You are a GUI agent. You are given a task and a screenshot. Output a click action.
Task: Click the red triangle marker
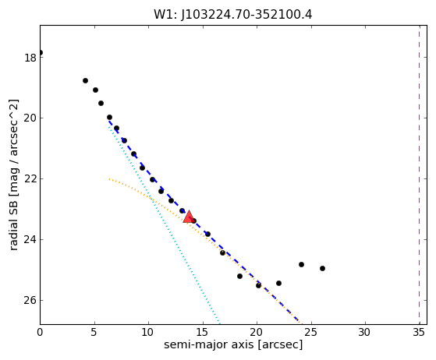pos(189,217)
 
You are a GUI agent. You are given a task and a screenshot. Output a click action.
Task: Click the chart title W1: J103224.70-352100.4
pos(233,15)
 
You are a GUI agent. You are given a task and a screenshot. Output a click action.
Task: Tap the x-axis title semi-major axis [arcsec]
pos(233,344)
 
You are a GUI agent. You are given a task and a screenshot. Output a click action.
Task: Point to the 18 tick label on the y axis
pos(30,58)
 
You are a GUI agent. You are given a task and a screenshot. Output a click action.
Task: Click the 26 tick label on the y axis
pos(30,300)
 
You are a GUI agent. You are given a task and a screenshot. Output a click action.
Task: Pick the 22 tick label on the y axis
pos(30,179)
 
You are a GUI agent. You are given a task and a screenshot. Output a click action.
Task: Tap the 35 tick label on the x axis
pos(420,332)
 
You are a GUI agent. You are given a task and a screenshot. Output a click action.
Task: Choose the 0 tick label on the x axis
pos(40,332)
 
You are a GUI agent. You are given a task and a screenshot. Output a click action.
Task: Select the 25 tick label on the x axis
pos(311,332)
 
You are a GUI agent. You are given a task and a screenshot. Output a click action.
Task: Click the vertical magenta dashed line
pos(420,175)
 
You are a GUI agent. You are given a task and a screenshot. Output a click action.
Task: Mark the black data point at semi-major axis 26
pos(322,268)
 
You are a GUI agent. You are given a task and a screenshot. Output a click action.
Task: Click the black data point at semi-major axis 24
pos(301,264)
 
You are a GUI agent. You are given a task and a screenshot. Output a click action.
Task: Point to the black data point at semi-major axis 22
pos(278,283)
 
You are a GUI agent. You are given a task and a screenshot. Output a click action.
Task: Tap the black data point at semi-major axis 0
pos(41,52)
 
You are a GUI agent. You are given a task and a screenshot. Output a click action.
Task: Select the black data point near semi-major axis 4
pos(85,80)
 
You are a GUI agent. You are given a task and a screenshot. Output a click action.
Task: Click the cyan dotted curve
pos(165,224)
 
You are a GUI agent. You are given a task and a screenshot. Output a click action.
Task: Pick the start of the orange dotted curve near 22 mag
pos(109,179)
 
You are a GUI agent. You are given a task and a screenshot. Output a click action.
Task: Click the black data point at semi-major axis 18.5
pos(239,276)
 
